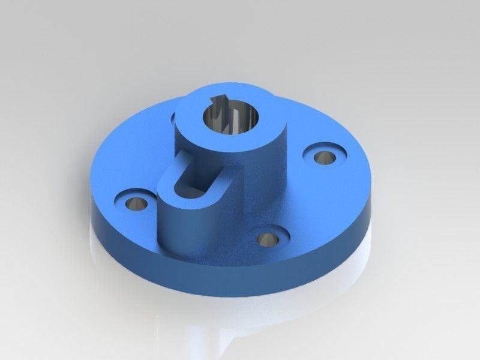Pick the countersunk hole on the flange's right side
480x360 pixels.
click(325, 157)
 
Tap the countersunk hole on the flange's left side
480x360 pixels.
click(136, 202)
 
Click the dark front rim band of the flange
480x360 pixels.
click(240, 282)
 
